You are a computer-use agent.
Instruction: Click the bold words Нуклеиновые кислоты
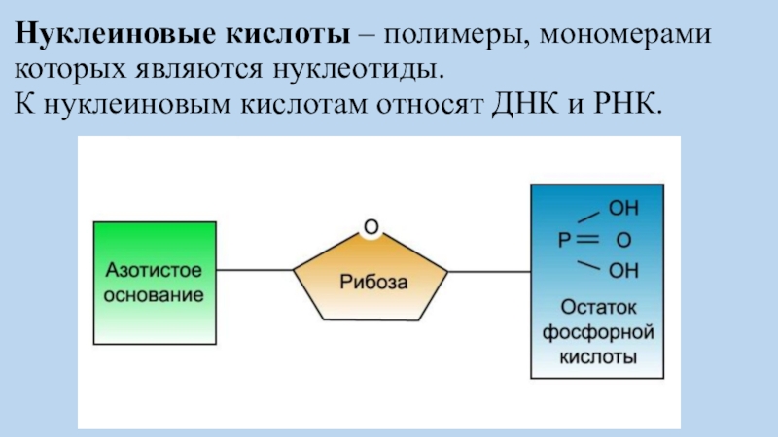(182, 37)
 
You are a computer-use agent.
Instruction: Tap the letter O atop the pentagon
(371, 228)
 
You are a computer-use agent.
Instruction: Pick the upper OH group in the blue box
(623, 209)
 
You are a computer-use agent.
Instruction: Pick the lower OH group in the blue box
(623, 269)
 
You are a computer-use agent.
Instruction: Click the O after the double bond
(623, 239)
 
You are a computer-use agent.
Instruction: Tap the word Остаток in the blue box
(598, 308)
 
